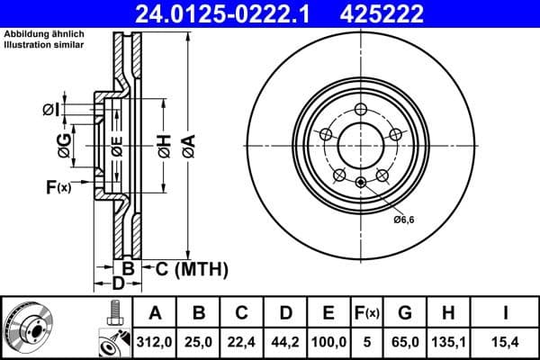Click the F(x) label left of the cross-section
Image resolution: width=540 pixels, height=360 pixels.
[56, 187]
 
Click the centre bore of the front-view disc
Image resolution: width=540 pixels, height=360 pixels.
[359, 143]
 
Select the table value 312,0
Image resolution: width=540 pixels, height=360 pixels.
[156, 340]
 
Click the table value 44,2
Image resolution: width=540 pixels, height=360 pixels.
[286, 340]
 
